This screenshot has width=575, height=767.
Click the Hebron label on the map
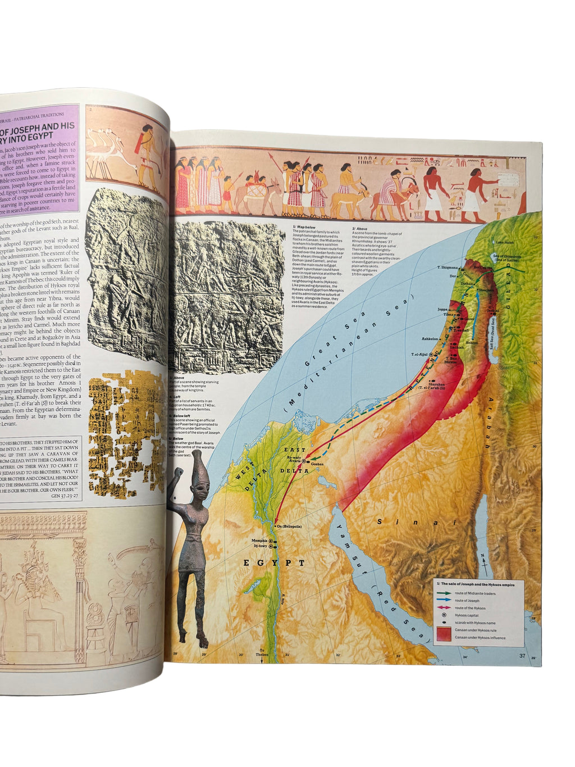472,342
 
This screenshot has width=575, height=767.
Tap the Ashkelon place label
430,339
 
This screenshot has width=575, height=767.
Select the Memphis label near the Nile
259,541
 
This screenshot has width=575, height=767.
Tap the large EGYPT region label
274,562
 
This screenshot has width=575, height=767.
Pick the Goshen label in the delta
317,464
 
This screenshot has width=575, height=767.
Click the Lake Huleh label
504,242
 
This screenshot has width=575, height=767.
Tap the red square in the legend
444,633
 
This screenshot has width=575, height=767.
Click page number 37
522,656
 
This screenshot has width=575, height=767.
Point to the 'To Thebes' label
261,653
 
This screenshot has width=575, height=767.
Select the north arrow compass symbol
482,560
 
